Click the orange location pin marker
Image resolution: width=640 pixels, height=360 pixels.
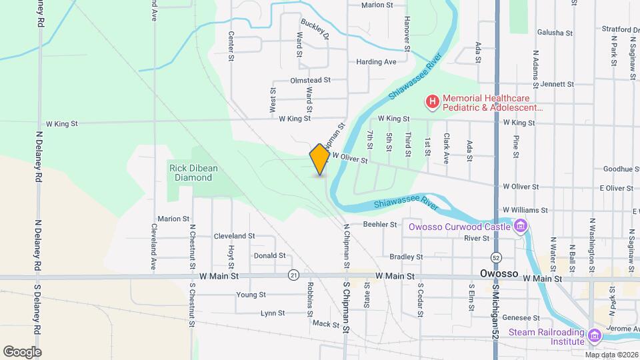pos(320,159)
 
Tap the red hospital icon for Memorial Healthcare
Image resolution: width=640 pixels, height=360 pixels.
pos(433,102)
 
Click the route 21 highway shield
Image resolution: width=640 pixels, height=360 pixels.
pos(293,275)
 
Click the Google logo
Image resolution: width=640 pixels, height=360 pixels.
pos(22,351)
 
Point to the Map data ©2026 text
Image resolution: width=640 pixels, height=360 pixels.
pos(612,354)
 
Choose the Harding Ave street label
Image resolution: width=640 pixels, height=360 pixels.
pos(376,62)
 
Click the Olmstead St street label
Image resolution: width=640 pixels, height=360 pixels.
pos(311,80)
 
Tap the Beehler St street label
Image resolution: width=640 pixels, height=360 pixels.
pos(380,225)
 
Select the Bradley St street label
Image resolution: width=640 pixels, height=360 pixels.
pos(406,257)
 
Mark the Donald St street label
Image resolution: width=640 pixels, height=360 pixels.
pos(269,255)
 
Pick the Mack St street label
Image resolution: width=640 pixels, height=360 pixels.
pos(326,324)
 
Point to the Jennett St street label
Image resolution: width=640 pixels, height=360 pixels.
pos(557,85)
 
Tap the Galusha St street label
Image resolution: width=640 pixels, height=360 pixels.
pos(557,33)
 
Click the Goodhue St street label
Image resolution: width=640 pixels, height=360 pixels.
pos(621,169)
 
